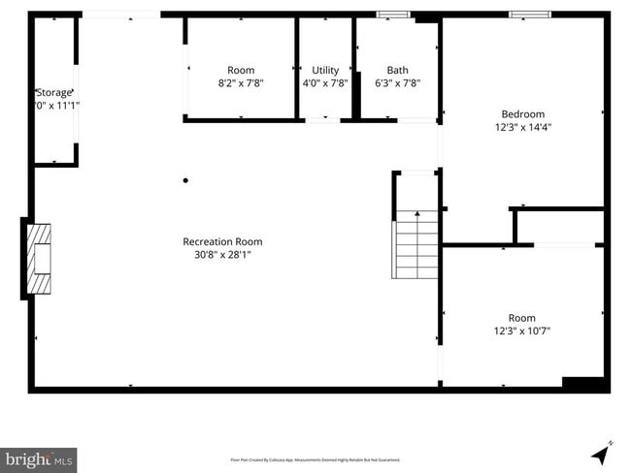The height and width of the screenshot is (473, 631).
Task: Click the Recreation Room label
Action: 222,241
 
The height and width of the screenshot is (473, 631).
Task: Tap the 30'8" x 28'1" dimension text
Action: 222,255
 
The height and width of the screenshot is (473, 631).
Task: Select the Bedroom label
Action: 522,113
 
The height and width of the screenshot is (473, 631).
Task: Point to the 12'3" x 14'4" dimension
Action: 522,127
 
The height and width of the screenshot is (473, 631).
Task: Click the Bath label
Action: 397,70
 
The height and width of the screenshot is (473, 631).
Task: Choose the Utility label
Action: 325,70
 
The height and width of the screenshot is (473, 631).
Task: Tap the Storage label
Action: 54,92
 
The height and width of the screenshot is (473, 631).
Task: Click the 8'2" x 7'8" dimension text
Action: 241,83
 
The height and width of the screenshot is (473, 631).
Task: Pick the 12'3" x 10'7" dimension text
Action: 522,331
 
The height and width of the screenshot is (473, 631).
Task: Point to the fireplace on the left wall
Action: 39,257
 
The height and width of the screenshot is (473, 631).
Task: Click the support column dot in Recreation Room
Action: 185,180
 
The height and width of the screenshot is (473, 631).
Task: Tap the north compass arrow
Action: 602,452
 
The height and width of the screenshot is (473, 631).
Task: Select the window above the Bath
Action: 393,15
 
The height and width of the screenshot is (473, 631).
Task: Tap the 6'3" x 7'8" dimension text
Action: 397,83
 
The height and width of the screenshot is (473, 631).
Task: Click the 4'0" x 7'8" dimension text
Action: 325,83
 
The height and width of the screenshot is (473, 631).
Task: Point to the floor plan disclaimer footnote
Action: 315,459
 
